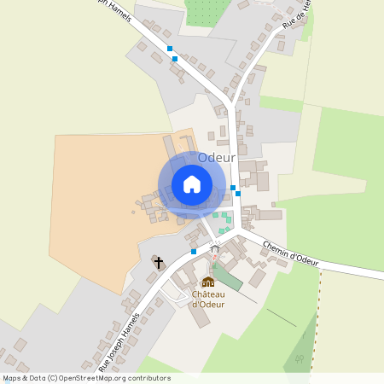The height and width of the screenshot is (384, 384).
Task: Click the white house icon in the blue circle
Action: click(x=192, y=184)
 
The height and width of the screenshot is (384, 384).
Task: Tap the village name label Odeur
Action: click(x=216, y=158)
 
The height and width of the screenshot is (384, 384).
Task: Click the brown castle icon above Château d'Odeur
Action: click(x=208, y=282)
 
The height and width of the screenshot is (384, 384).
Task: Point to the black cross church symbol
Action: click(x=158, y=262)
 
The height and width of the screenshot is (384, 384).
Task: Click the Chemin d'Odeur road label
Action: click(x=290, y=253)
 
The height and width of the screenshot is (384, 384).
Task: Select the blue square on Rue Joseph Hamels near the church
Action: click(x=194, y=252)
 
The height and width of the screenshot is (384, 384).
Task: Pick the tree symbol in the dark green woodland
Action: click(x=298, y=359)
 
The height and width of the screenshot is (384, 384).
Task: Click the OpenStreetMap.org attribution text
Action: click(x=119, y=378)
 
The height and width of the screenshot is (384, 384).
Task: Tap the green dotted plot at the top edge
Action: click(x=205, y=10)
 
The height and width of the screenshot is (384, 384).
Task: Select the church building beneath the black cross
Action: click(x=158, y=259)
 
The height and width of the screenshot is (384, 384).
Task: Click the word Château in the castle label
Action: click(x=208, y=294)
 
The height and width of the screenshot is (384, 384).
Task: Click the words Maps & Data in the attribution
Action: click(x=24, y=378)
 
